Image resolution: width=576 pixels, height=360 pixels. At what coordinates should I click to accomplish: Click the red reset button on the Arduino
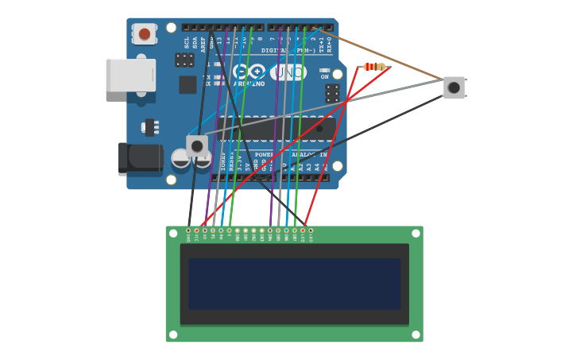coord(145,34)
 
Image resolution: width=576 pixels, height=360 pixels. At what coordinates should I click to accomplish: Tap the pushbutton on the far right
coord(454,87)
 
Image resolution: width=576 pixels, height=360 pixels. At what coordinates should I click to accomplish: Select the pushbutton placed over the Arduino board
coord(197,145)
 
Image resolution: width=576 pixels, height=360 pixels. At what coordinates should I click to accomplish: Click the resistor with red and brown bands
coord(373,67)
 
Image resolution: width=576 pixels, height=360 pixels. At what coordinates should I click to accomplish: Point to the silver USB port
coord(130,75)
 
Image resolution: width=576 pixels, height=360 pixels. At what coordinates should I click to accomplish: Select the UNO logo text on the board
coord(288,72)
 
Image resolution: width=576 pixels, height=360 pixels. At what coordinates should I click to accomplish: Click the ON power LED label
coord(324,77)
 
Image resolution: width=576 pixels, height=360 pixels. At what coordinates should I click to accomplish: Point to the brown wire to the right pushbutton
coord(381,55)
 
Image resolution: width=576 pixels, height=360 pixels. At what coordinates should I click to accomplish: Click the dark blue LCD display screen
coord(294,283)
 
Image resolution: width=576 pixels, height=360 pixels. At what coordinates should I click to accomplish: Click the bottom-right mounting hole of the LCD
coord(416,335)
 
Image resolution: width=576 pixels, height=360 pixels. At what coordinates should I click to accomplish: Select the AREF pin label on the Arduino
coord(203,44)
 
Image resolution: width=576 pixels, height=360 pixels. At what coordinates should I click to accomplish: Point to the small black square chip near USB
coord(187,84)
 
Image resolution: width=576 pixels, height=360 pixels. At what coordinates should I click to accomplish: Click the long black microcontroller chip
coord(278,127)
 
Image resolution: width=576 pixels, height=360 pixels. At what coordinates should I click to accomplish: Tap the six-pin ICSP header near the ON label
coord(332,93)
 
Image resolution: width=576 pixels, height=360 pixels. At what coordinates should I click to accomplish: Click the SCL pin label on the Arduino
coord(187,43)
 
